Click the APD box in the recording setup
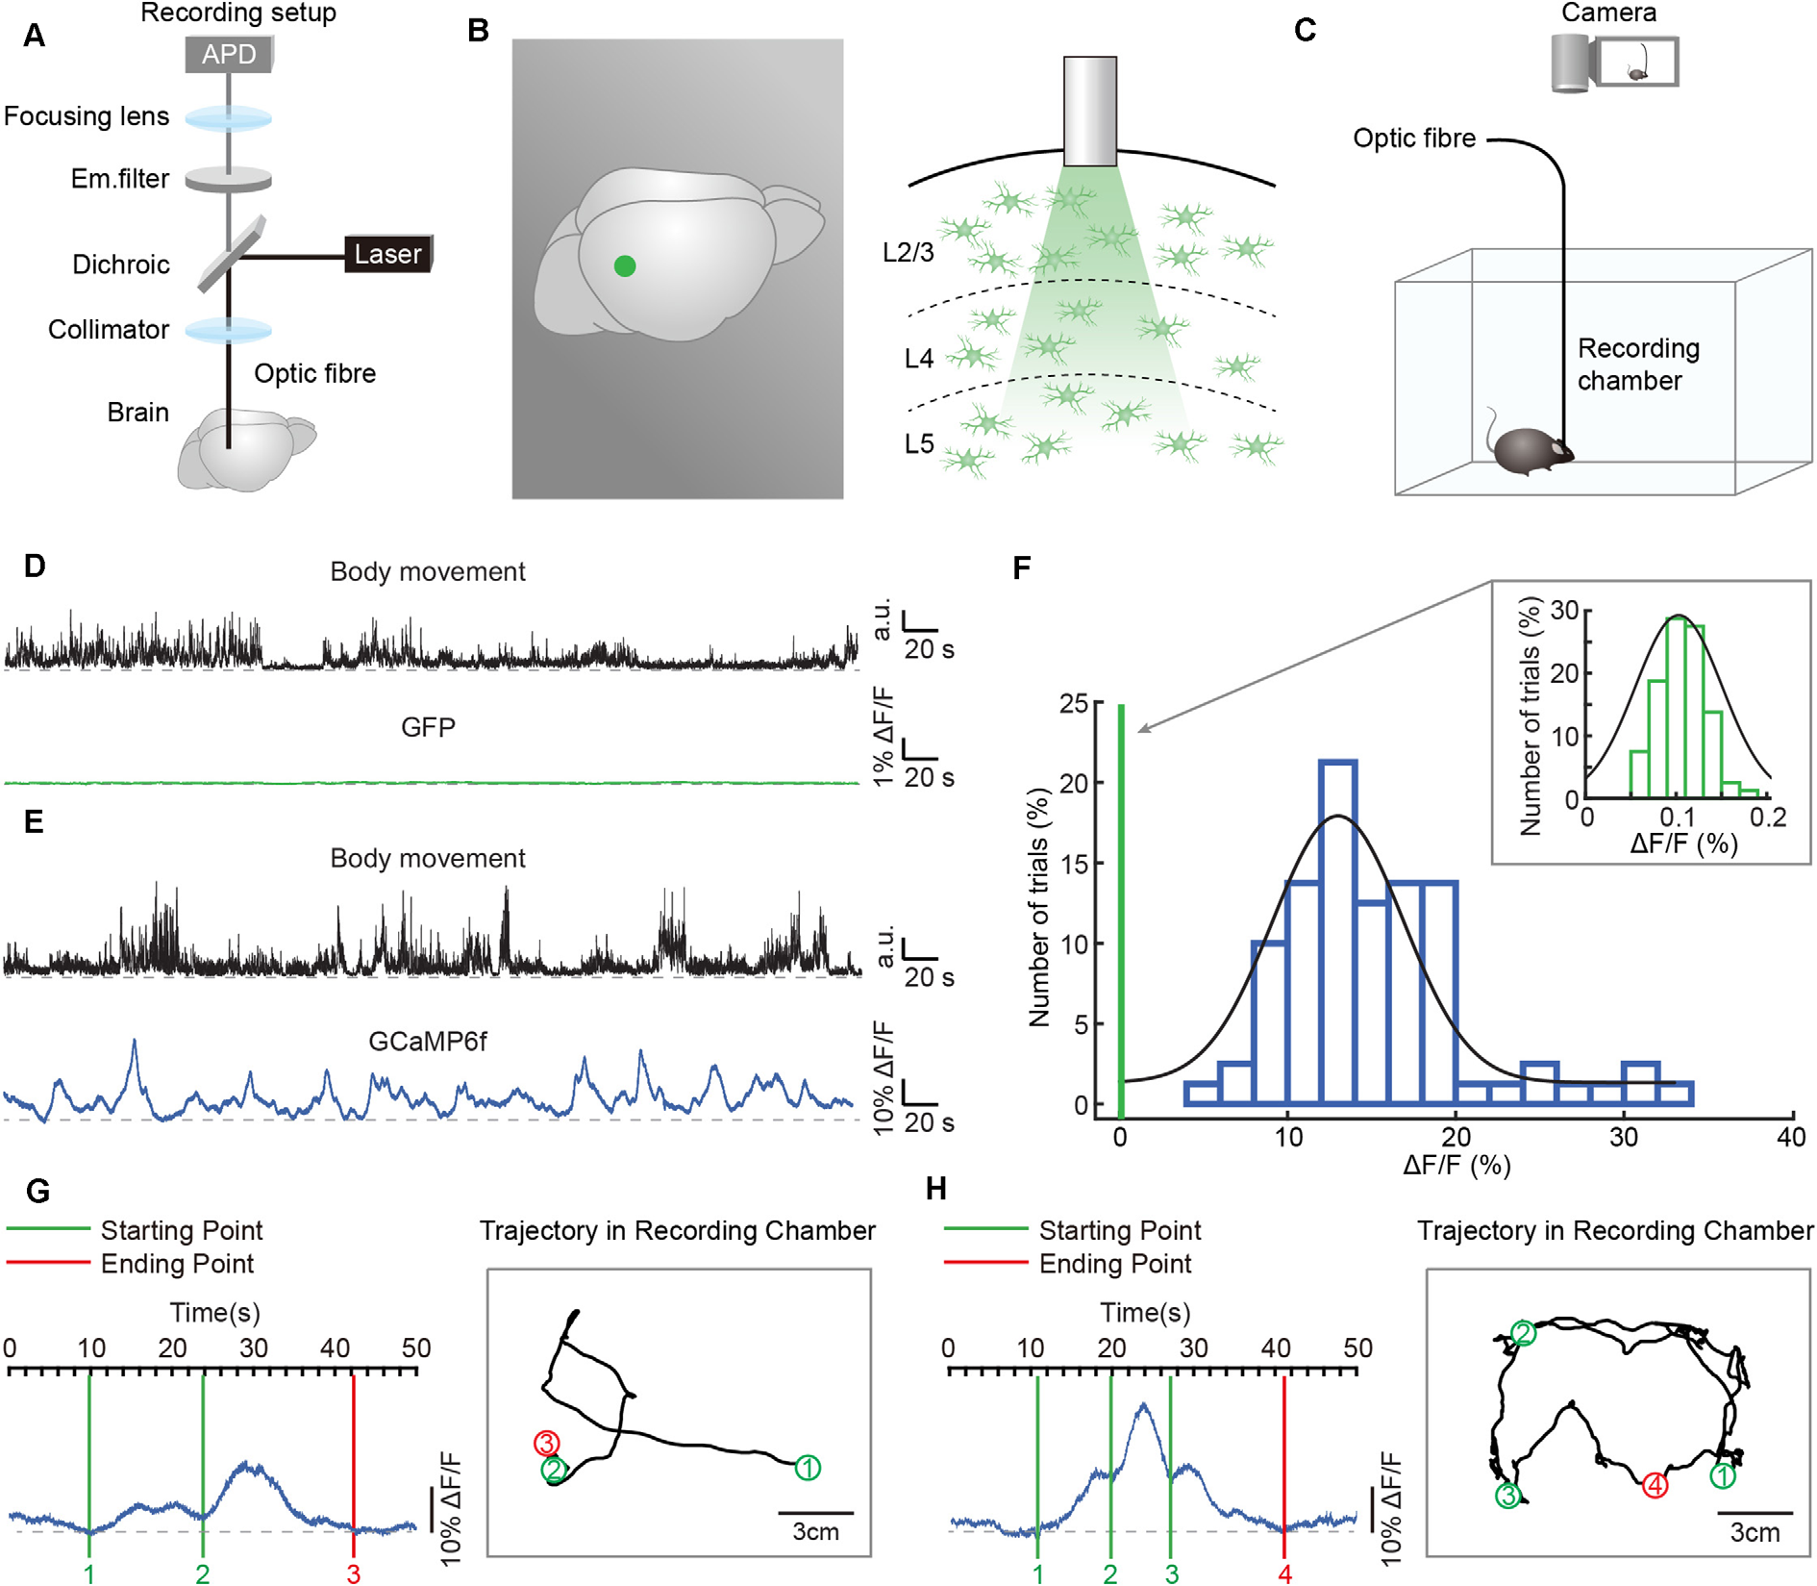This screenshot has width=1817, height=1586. pyautogui.click(x=229, y=55)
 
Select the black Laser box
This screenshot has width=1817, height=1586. pyautogui.click(x=387, y=254)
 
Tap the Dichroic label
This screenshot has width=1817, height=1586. pyautogui.click(x=121, y=264)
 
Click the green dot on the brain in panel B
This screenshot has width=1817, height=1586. pyautogui.click(x=625, y=266)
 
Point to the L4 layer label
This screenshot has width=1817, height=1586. pyautogui.click(x=919, y=359)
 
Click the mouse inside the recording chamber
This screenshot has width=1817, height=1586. pyautogui.click(x=1531, y=450)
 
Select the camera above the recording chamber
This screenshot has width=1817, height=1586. pyautogui.click(x=1615, y=63)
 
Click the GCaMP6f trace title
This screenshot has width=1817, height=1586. pyautogui.click(x=428, y=1041)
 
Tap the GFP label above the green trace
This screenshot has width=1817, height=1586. pyautogui.click(x=428, y=727)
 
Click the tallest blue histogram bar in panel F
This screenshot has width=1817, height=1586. pyautogui.click(x=1338, y=933)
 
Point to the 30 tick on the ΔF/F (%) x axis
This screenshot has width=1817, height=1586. pyautogui.click(x=1624, y=1137)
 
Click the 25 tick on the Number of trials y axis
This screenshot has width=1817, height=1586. pyautogui.click(x=1074, y=704)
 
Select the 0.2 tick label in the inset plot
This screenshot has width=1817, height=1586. pyautogui.click(x=1767, y=818)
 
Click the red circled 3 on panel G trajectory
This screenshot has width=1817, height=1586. pyautogui.click(x=546, y=1443)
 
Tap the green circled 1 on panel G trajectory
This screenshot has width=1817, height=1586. pyautogui.click(x=808, y=1468)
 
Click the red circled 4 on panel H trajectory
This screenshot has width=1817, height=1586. pyautogui.click(x=1654, y=1486)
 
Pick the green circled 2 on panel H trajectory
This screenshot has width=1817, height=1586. pyautogui.click(x=1523, y=1333)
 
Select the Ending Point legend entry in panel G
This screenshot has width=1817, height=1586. pyautogui.click(x=177, y=1264)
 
